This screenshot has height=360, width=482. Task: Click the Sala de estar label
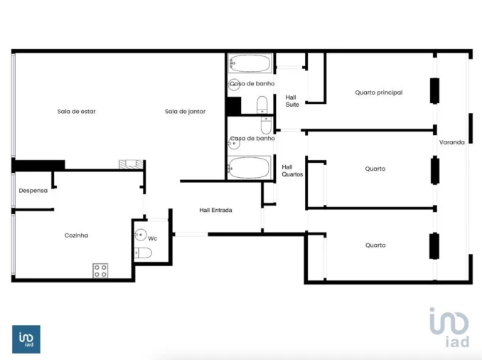(77, 111)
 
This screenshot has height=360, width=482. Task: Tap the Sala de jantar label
(185, 111)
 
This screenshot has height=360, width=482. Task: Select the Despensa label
(33, 191)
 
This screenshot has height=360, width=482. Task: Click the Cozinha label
(76, 235)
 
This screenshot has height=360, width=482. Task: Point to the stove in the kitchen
(100, 270)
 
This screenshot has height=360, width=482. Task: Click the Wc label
(153, 238)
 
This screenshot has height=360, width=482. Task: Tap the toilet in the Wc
(143, 253)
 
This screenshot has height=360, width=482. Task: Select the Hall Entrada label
(215, 210)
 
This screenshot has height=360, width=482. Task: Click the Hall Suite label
(291, 100)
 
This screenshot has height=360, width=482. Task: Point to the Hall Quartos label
(292, 170)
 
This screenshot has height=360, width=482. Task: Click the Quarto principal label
(379, 92)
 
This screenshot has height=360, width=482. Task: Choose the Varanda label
(451, 142)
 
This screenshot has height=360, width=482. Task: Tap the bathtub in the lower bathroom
(250, 169)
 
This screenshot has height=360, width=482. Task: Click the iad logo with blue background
(26, 339)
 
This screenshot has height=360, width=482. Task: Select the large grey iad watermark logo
(449, 328)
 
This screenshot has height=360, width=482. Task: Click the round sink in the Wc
(141, 235)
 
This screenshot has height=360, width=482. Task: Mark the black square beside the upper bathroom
(233, 105)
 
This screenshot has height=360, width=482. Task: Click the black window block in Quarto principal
(434, 90)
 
